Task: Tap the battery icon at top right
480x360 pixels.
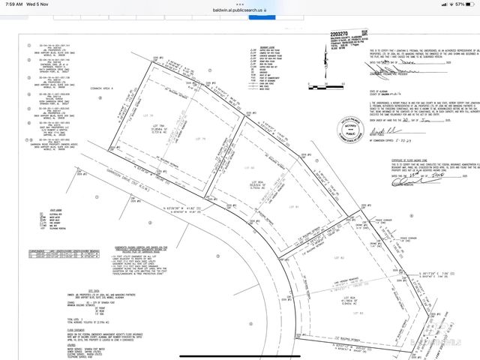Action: [x=469, y=4]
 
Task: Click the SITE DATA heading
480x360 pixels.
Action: [x=94, y=268]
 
